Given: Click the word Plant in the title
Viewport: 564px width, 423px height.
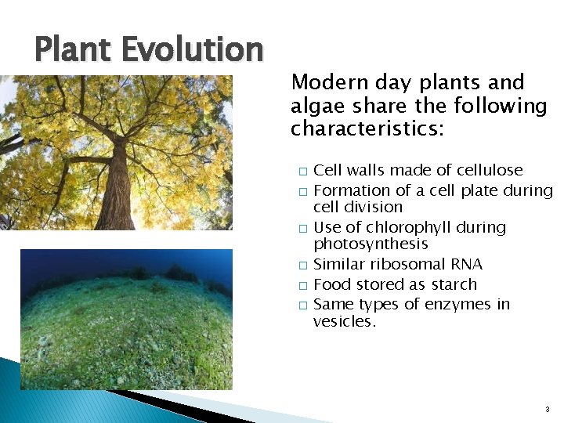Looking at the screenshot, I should tap(73, 50).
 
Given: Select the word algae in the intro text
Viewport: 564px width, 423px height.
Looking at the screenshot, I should tap(316, 106).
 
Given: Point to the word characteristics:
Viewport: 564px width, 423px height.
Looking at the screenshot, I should tap(367, 128).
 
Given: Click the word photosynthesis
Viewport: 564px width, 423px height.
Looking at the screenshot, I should tap(371, 244).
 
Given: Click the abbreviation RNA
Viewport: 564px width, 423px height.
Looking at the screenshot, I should tap(466, 265).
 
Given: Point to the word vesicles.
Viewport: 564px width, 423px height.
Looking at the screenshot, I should tap(344, 321).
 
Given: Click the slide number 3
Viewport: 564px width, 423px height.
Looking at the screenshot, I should tap(547, 409).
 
